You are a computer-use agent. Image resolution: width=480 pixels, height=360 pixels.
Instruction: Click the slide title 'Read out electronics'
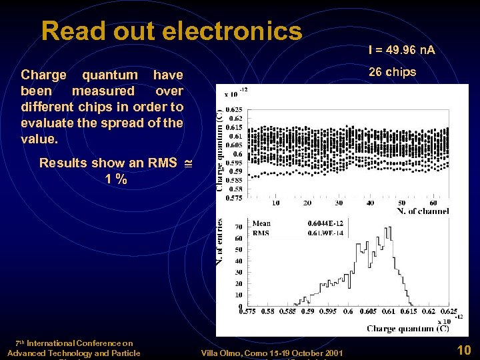[x=171, y=31]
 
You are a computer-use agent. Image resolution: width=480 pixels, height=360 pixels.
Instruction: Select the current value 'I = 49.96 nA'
[x=401, y=49]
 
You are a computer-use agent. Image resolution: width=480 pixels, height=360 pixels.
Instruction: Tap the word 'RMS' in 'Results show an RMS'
[x=163, y=163]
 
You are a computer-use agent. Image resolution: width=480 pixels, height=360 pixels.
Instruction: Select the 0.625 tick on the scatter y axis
[x=235, y=110]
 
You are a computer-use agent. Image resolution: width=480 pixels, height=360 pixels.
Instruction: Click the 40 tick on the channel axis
[x=371, y=203]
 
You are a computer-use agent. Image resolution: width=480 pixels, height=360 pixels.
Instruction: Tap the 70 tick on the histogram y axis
[x=238, y=227]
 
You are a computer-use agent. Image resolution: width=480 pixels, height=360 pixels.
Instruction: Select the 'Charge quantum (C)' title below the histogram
[x=407, y=329]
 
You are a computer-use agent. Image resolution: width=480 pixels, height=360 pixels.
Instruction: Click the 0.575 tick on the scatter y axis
[x=235, y=197]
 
